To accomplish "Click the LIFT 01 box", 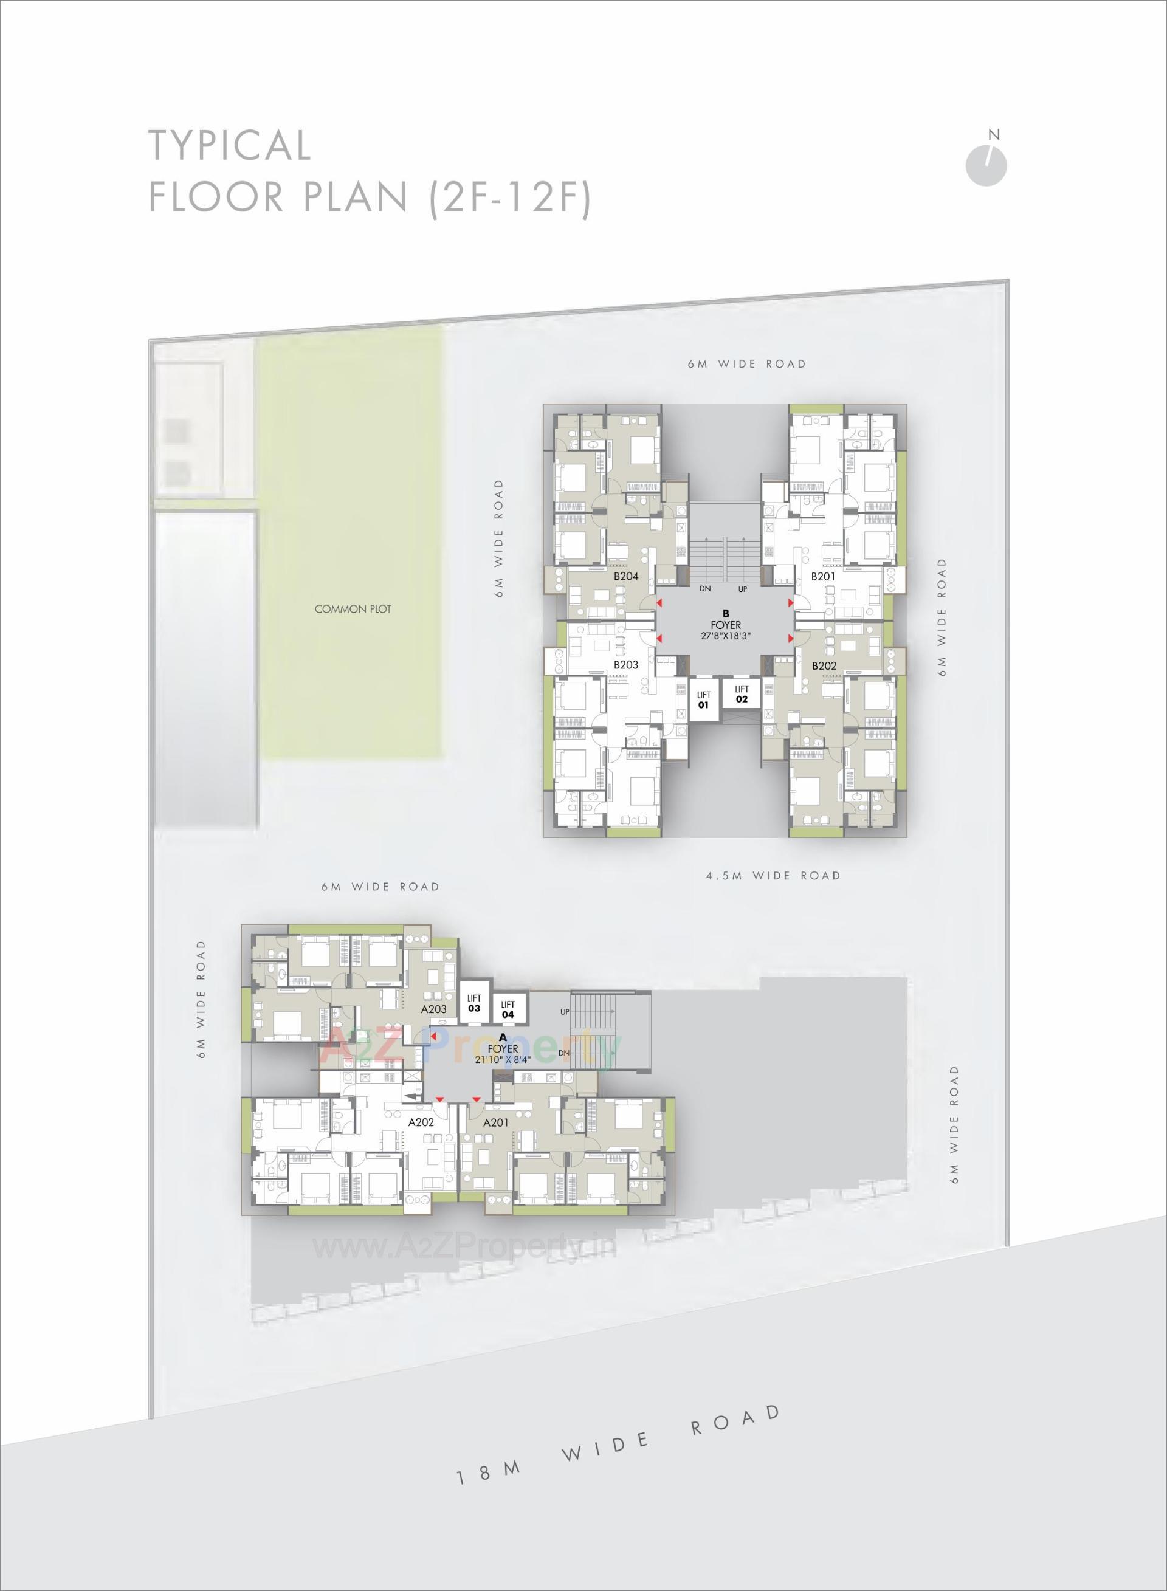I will [x=704, y=699].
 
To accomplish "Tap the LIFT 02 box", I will [x=741, y=693].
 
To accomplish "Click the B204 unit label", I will [x=626, y=576].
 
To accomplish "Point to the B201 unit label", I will [x=823, y=576].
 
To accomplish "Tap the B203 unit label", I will [x=626, y=664].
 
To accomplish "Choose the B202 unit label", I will [x=824, y=665].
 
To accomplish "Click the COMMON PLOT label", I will [x=353, y=609].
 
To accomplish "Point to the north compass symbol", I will [x=986, y=165].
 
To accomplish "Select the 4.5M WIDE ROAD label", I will [x=774, y=876].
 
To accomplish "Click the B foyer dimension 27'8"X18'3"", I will [x=726, y=636].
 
